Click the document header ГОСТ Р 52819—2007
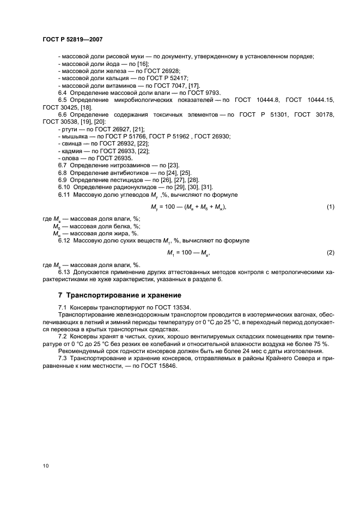coord(72,40)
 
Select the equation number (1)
coord(330,207)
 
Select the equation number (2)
coord(330,252)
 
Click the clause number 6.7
coord(62,165)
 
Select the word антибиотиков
coord(127,172)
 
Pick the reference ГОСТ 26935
coord(118,157)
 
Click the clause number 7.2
coord(62,337)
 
